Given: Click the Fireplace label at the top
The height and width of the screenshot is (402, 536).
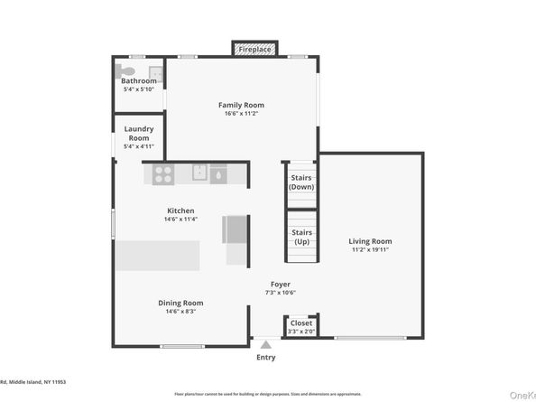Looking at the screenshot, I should click(255, 49).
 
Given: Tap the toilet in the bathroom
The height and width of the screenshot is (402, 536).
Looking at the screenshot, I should click(128, 70).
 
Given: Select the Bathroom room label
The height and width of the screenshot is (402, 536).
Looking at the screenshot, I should click(139, 81).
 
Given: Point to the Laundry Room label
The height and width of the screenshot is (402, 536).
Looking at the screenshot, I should click(139, 134).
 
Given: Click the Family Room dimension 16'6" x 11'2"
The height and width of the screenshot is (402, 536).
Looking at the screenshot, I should click(241, 114).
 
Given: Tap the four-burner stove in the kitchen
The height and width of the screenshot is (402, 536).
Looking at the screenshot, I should click(163, 173).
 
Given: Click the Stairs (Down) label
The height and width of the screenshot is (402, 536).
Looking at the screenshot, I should click(301, 182).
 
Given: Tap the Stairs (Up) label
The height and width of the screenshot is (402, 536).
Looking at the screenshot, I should click(301, 237).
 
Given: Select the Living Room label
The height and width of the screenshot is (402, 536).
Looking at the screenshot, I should click(370, 241).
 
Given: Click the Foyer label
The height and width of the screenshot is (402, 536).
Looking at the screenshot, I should click(280, 284).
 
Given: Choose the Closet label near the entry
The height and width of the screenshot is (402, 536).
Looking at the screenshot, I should click(301, 323).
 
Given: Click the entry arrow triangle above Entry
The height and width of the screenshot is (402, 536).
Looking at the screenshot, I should click(265, 344).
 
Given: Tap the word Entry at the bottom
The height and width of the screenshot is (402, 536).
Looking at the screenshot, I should click(265, 357).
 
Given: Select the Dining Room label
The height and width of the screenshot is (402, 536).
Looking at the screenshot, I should click(180, 303).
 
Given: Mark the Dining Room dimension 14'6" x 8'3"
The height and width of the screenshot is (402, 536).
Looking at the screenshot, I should click(180, 311).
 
